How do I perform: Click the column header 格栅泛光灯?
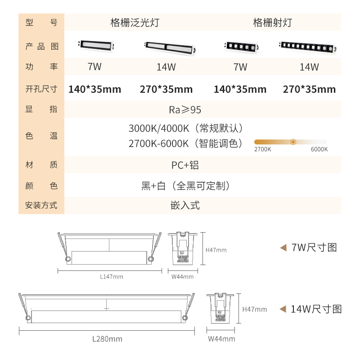click(135, 22)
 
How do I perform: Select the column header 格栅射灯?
click(273, 22)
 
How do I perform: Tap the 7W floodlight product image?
click(96, 46)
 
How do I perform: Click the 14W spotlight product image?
click(308, 47)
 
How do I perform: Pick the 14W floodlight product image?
click(170, 48)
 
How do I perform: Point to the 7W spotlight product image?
click(241, 47)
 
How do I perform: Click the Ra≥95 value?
click(185, 110)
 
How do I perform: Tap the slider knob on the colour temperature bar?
click(293, 142)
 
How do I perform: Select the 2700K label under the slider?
click(262, 149)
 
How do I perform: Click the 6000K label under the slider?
click(319, 149)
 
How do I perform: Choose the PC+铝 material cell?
click(185, 165)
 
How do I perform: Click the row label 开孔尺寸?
click(41, 89)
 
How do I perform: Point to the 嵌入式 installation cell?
click(185, 205)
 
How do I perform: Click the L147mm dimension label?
click(112, 277)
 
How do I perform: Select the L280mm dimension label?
click(107, 339)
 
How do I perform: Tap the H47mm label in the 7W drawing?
click(216, 250)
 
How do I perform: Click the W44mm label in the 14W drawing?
click(221, 339)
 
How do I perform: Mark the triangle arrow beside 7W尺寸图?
click(283, 248)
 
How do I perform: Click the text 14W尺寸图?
click(316, 309)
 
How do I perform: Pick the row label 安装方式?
click(41, 205)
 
